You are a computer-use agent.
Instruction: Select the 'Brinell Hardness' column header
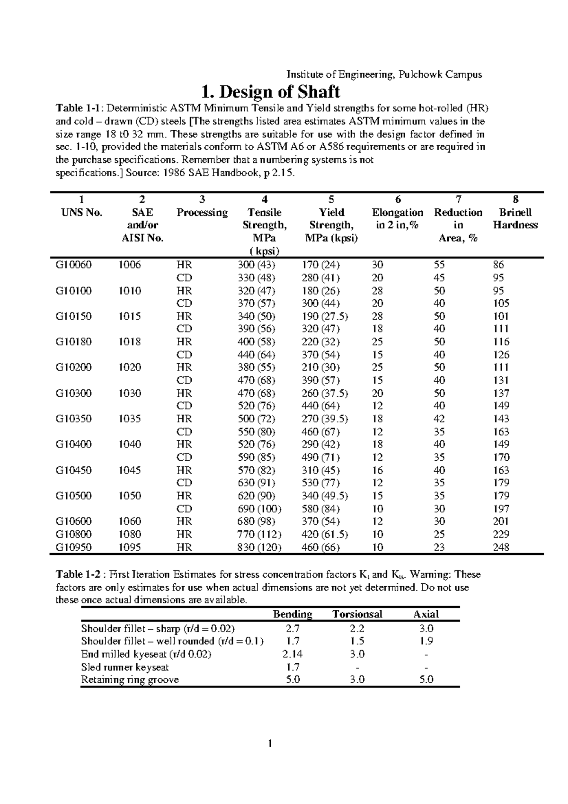click(515, 219)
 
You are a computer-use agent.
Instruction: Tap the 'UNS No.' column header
click(81, 213)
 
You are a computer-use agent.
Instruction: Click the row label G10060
click(73, 265)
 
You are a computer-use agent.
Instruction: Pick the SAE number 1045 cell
click(129, 470)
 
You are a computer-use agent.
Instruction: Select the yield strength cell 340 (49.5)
click(325, 496)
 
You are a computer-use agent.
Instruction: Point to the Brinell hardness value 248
click(501, 547)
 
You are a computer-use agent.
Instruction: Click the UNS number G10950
click(73, 547)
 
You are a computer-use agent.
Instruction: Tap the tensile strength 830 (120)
click(259, 547)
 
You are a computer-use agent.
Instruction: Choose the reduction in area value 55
click(439, 265)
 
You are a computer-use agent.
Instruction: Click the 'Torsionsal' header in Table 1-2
click(357, 614)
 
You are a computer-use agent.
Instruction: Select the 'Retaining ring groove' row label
click(130, 680)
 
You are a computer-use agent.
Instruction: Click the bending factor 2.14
click(293, 654)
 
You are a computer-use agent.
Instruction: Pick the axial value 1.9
click(426, 641)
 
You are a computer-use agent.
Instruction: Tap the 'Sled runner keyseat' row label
click(125, 667)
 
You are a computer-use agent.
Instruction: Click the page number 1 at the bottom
click(270, 757)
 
